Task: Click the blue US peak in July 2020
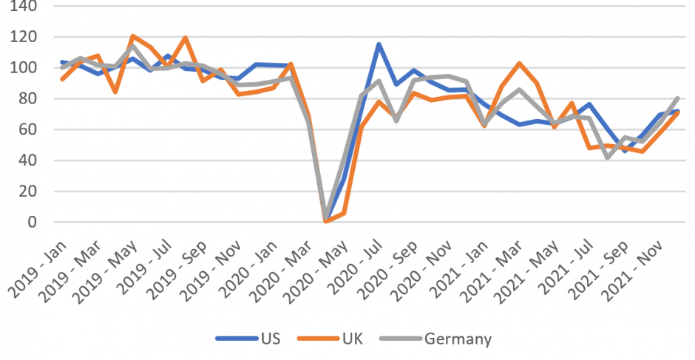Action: (379, 44)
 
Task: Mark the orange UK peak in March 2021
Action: (520, 64)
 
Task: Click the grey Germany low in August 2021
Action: (608, 157)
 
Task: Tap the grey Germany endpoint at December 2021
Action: (679, 98)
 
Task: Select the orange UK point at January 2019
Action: (62, 79)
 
